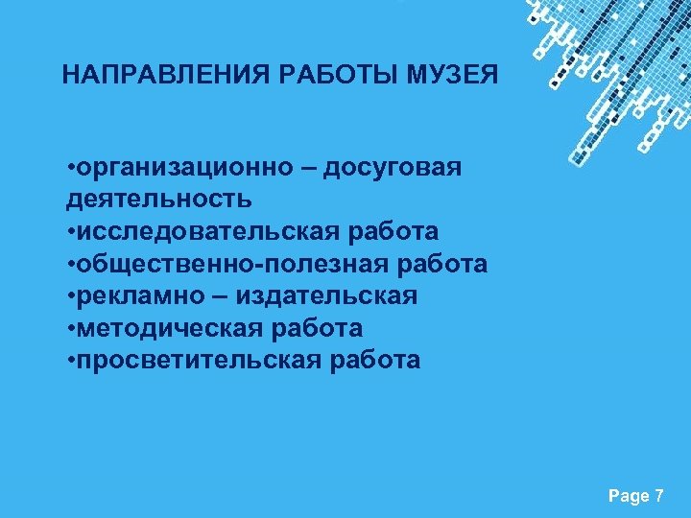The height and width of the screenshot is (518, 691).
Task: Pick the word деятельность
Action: [159, 200]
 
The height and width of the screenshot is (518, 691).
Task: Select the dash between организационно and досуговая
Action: [310, 168]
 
